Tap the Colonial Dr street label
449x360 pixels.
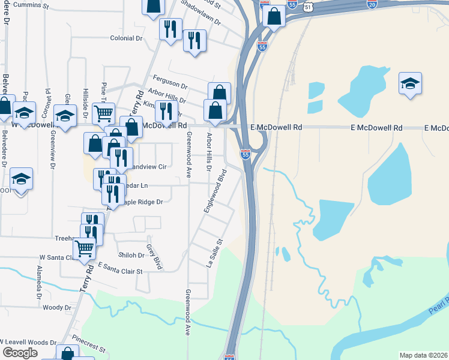tap(125, 38)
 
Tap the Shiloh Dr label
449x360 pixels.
tap(131, 255)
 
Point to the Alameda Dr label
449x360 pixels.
tap(40, 283)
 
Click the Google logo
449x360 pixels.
tap(20, 353)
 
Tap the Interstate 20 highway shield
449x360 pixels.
tap(372, 4)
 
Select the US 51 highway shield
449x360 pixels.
tap(309, 6)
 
